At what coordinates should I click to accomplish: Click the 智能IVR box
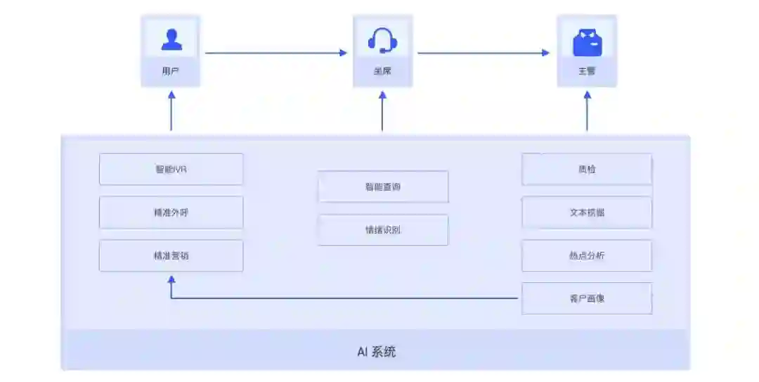(171, 170)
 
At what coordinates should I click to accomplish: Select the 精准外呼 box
(171, 212)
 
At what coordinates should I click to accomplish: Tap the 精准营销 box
(171, 255)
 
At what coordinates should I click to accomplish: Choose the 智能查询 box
(382, 186)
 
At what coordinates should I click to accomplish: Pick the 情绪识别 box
(382, 229)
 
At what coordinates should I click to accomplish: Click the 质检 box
(586, 170)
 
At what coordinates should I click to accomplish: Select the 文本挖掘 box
(586, 212)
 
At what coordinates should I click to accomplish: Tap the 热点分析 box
(586, 255)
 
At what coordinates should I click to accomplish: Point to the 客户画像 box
(586, 298)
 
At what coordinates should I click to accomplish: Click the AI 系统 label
(376, 351)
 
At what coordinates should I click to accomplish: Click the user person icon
(171, 39)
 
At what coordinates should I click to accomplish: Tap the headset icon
(382, 40)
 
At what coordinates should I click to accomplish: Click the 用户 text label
(171, 71)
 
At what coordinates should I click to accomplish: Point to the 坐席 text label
(382, 71)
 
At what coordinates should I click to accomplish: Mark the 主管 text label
(587, 71)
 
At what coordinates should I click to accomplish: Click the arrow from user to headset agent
(275, 52)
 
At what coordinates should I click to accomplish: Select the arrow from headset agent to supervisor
(484, 52)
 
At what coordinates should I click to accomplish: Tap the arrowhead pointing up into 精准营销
(171, 279)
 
